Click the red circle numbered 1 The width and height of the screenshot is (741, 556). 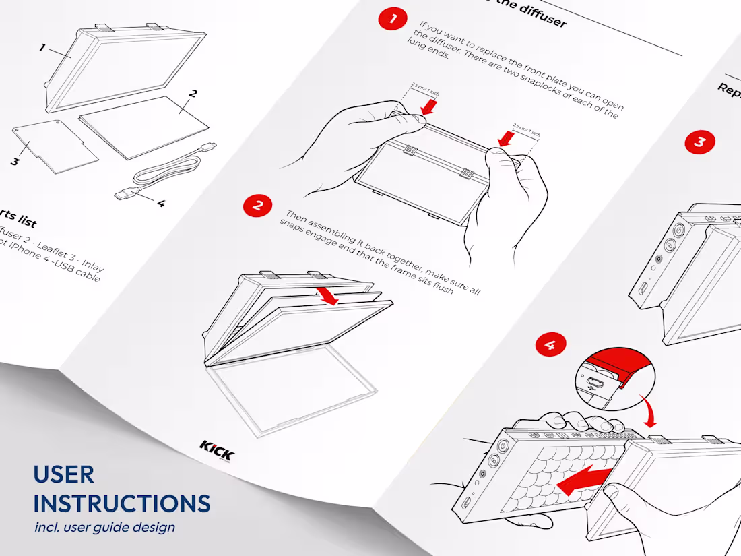point(393,18)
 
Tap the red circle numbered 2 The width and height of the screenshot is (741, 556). point(257,206)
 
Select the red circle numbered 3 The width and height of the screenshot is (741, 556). point(700,142)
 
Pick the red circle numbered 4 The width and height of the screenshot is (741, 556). point(550,346)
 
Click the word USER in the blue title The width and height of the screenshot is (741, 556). point(63,474)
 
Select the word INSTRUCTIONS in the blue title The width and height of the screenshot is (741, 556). point(122,503)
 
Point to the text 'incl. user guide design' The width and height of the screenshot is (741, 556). point(104,527)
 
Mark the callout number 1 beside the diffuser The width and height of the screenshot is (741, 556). point(42,48)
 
